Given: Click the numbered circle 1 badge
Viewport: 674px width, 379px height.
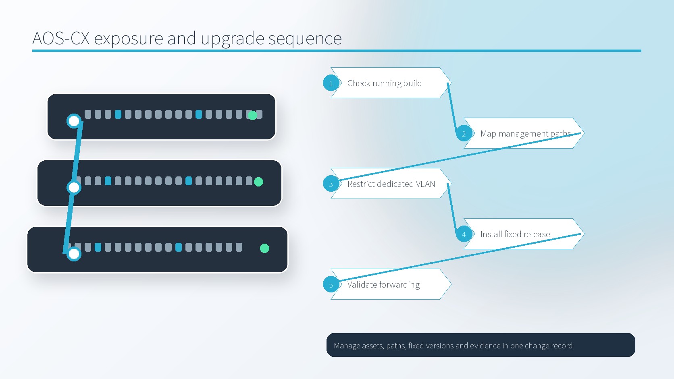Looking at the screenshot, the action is point(331,83).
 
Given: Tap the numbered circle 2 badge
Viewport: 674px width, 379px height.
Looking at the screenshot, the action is point(464,133).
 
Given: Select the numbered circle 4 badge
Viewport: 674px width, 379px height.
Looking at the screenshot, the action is point(464,234).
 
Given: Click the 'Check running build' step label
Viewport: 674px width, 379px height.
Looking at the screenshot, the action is point(385,83).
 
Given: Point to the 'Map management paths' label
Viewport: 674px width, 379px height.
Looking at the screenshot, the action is point(525,133).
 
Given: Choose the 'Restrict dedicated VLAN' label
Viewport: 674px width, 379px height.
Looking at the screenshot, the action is point(391,184).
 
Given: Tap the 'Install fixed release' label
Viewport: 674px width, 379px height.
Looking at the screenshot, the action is point(515,234).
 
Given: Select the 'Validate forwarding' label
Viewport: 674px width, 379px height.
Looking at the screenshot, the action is point(383,285).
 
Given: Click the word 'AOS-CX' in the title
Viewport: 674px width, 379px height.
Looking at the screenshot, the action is point(61,38).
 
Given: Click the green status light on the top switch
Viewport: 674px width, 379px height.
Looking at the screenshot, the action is point(252,115).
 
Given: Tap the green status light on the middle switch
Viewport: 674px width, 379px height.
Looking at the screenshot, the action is point(258,182).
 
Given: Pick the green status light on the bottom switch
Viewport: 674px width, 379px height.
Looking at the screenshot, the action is point(264,248).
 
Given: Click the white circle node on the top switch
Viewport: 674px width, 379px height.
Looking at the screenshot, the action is point(74,121).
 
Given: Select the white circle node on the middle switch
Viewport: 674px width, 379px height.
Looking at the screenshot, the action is point(74,188).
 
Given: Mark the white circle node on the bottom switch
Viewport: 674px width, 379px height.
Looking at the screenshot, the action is point(74,254).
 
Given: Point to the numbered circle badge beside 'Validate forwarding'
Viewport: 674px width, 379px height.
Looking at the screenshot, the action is point(331,284).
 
